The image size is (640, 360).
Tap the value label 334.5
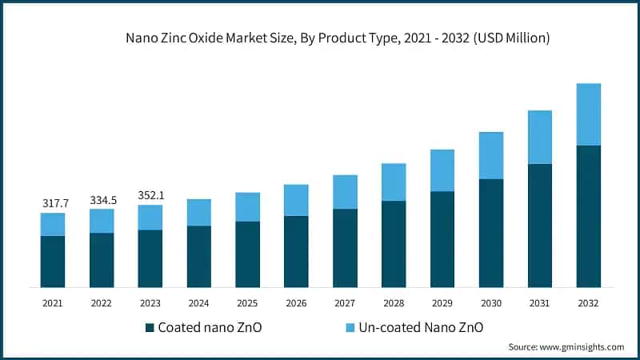tap(102, 200)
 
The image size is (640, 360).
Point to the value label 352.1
tap(150, 196)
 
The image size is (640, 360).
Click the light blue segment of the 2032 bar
tap(589, 114)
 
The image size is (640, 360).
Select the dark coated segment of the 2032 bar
tap(589, 216)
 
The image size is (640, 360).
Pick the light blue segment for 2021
tap(53, 224)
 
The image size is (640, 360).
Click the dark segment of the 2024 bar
tap(199, 256)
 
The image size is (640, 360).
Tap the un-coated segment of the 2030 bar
tap(491, 155)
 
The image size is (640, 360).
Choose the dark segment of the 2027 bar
tap(345, 248)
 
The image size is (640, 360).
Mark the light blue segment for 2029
tap(442, 170)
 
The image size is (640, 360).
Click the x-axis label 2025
tap(247, 303)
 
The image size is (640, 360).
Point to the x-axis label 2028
tap(394, 303)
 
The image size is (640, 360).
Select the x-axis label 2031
tap(540, 303)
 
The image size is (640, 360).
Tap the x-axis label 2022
tap(102, 303)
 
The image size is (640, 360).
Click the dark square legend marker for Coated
tap(150, 327)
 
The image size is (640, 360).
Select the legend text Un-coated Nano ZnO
tap(418, 327)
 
